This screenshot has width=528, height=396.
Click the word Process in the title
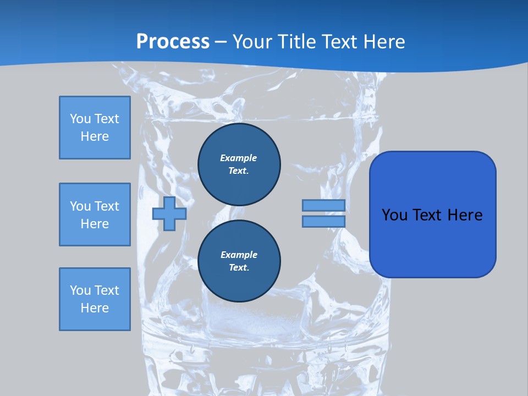tap(173, 41)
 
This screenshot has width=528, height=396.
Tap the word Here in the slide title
tap(383, 41)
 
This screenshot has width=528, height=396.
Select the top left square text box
tap(95, 128)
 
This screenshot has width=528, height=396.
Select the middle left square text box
tap(95, 215)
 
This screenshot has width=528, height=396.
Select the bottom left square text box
tap(95, 299)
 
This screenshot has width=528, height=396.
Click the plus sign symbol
tap(169, 214)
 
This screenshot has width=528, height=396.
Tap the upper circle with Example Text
tap(239, 164)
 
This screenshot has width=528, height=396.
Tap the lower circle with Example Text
tap(239, 261)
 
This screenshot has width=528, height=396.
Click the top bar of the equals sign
tap(323, 205)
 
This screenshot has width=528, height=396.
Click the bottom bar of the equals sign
tap(323, 222)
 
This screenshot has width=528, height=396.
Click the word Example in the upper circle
tap(239, 158)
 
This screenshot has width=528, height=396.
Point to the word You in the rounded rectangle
tap(394, 215)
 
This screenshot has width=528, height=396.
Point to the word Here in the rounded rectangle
tap(465, 215)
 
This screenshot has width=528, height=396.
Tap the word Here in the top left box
tap(95, 136)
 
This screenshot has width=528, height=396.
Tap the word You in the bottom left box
tap(80, 290)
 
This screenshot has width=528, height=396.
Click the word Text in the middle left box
tap(107, 206)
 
